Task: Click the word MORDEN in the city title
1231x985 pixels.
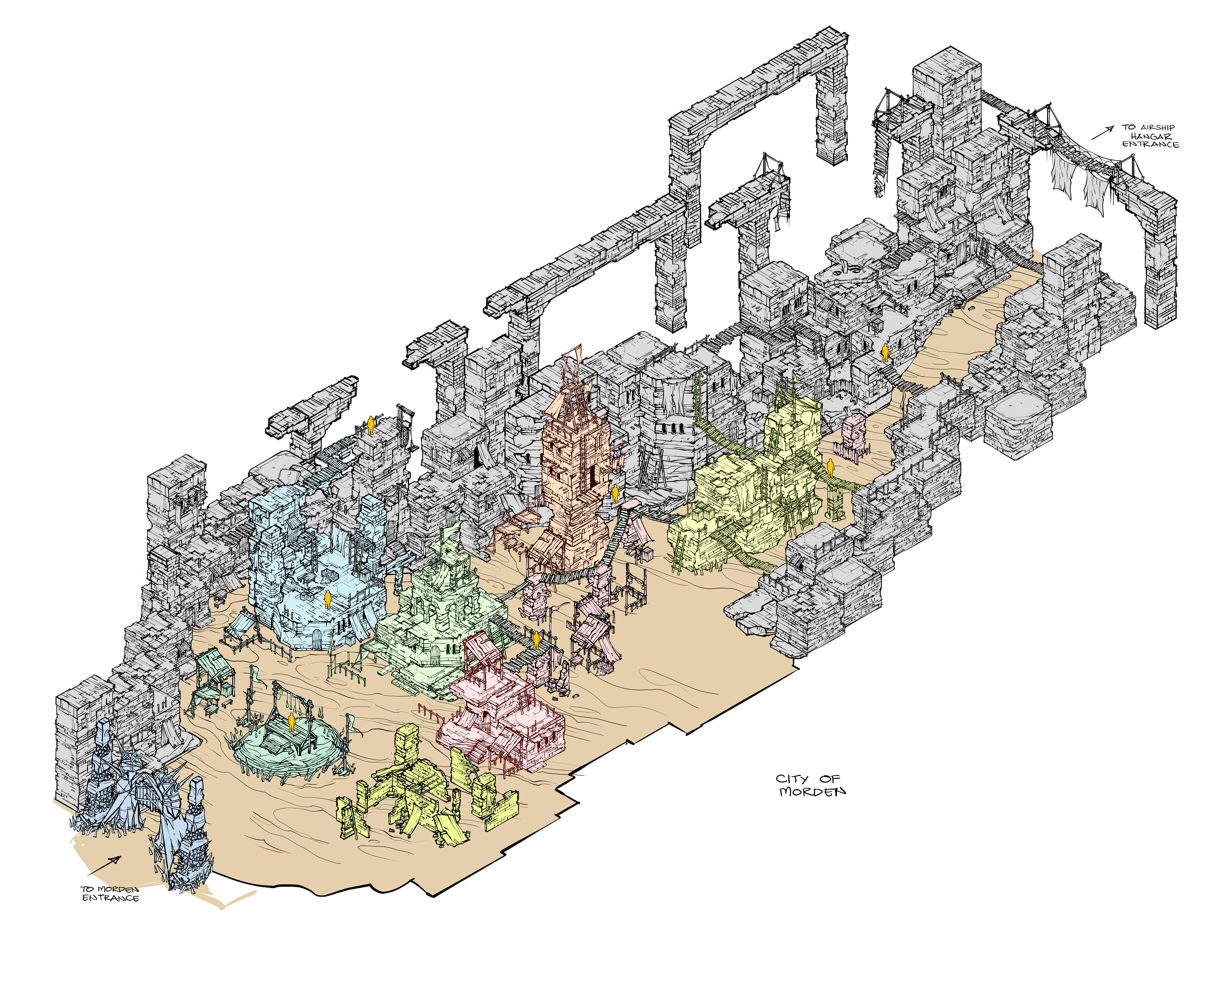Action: pyautogui.click(x=812, y=791)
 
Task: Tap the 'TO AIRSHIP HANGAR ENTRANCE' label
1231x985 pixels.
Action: pyautogui.click(x=1149, y=136)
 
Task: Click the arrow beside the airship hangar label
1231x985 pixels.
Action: pyautogui.click(x=1102, y=132)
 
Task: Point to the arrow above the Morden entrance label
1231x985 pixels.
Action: pyautogui.click(x=105, y=866)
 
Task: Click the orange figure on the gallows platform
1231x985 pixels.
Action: pyautogui.click(x=291, y=722)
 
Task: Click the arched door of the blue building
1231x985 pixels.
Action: pyautogui.click(x=317, y=639)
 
